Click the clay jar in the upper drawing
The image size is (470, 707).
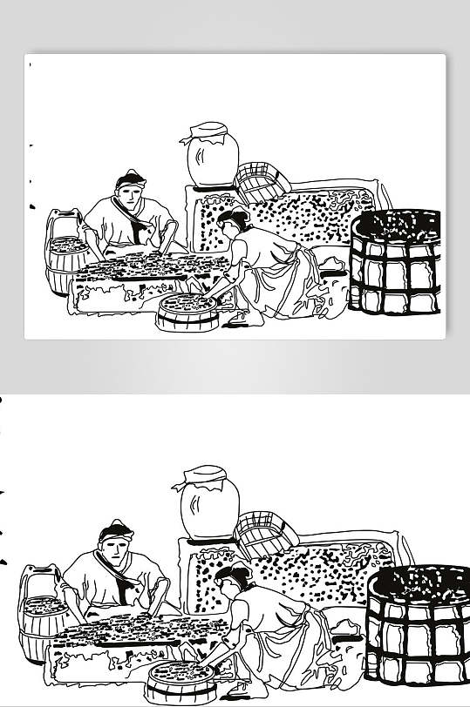pyautogui.click(x=212, y=162)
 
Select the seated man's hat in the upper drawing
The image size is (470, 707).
pyautogui.click(x=130, y=179)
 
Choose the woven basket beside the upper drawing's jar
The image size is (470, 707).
pyautogui.click(x=262, y=179)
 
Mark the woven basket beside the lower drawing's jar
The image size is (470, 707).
pyautogui.click(x=266, y=532)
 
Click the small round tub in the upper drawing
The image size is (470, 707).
pyautogui.click(x=187, y=312)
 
